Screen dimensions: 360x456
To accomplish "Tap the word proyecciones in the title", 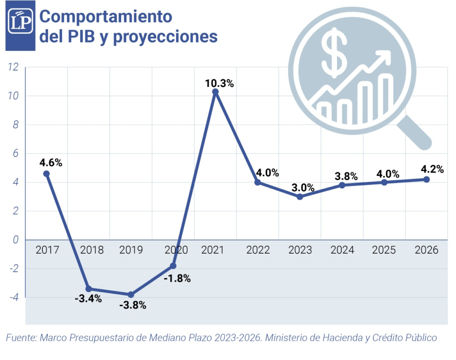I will point(165,36).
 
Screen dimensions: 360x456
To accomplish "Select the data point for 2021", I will point(216,92).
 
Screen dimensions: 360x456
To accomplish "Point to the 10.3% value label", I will point(219,83).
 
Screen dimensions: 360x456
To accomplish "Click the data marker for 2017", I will point(46,174).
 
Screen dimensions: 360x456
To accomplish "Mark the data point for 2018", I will point(89,289).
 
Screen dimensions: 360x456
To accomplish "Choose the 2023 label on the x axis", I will point(300,250).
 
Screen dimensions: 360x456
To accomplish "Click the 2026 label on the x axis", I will point(426,250).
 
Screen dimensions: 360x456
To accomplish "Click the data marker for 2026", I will point(426,179).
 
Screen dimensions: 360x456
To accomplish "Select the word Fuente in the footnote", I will point(20,338).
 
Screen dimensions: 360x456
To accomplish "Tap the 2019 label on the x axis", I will point(131,250).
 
